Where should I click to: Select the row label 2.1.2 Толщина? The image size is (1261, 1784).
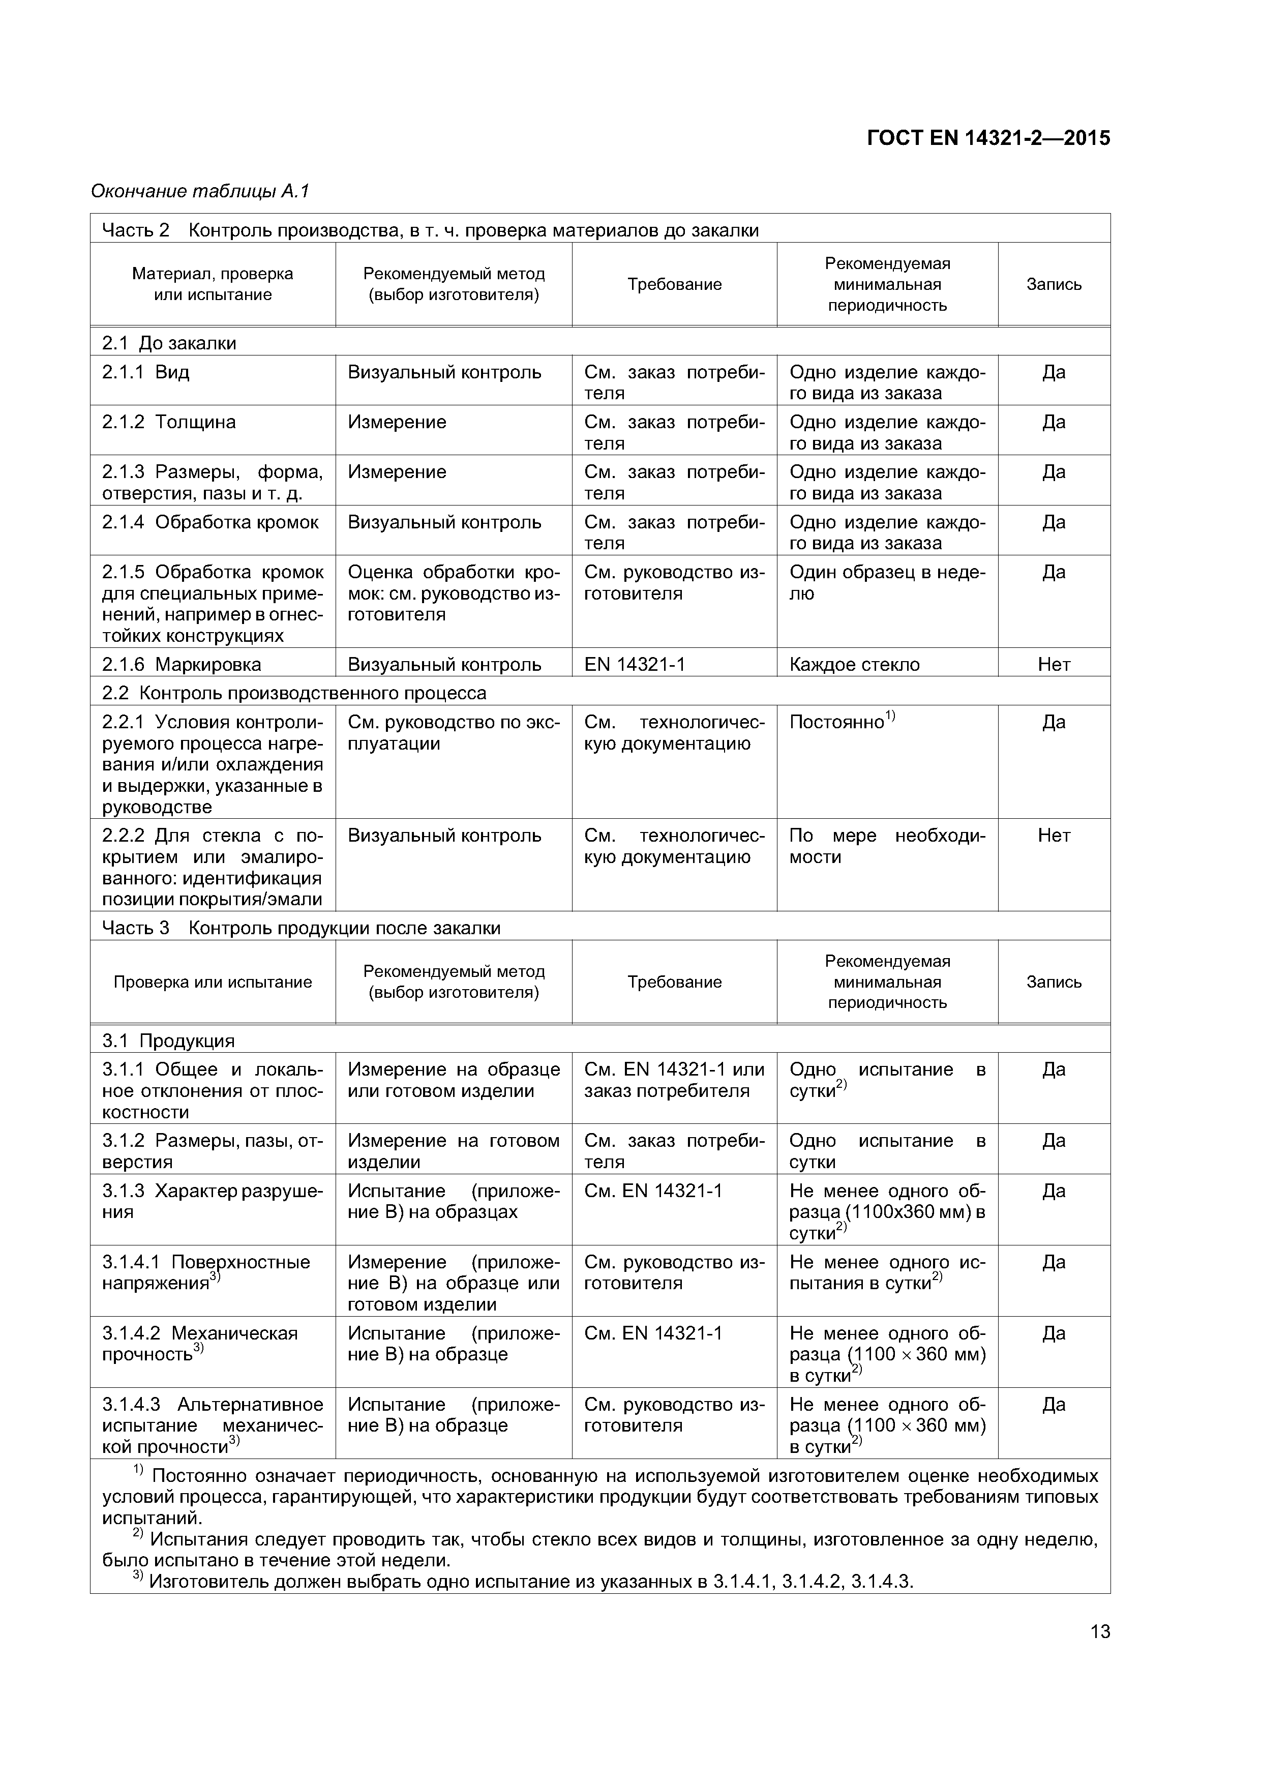click(169, 422)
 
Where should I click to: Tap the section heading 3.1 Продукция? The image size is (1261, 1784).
click(168, 1040)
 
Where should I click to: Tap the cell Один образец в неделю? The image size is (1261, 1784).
click(886, 583)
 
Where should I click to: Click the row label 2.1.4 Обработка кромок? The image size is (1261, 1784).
click(210, 522)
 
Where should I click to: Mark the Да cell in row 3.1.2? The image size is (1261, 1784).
click(1054, 1141)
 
